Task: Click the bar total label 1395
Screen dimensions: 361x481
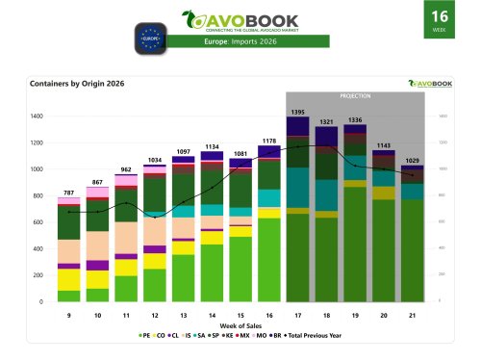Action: tap(298, 114)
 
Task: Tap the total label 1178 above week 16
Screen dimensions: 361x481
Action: tap(270, 141)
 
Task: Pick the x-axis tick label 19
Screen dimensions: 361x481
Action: tap(356, 315)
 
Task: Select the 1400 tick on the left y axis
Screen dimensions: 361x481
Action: tap(38, 116)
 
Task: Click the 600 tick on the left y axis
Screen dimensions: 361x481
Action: tap(39, 222)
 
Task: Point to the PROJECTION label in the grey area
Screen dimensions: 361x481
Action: tap(356, 97)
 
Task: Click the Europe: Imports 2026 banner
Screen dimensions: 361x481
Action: tap(240, 41)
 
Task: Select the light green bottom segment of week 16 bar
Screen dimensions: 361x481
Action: tap(270, 260)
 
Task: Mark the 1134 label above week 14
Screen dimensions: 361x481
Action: tap(212, 147)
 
